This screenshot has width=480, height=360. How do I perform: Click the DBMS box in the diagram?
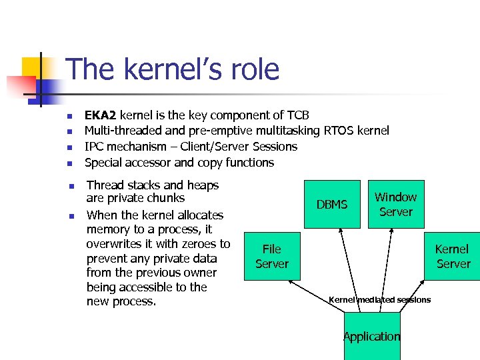[332, 204]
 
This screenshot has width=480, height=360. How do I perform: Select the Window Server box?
[395, 204]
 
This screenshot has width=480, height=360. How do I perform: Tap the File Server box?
[272, 257]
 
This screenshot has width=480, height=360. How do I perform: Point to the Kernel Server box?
[453, 257]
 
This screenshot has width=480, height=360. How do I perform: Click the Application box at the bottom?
[372, 337]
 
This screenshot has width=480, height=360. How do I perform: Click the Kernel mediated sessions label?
[380, 299]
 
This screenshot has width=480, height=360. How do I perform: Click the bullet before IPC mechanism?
[69, 147]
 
